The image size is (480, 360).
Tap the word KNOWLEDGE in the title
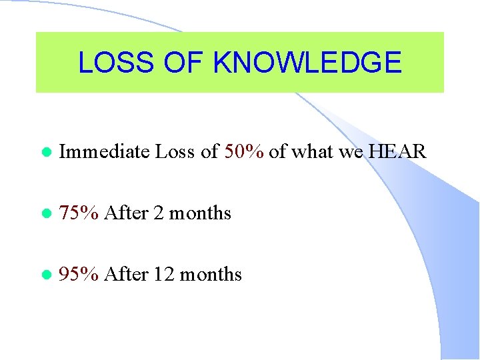point(307,63)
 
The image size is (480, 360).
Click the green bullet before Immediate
point(45,153)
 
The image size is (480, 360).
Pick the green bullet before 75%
point(45,214)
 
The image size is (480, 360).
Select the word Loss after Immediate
point(175,152)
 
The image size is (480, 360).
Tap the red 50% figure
point(245,152)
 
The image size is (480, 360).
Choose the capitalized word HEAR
point(397,152)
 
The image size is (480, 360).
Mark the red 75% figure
point(79,213)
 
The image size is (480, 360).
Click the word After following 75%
point(126,213)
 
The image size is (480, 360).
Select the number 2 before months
point(159,213)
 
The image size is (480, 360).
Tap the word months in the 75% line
point(200,213)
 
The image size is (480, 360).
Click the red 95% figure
point(79,275)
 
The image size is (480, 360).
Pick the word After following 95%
point(126,275)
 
